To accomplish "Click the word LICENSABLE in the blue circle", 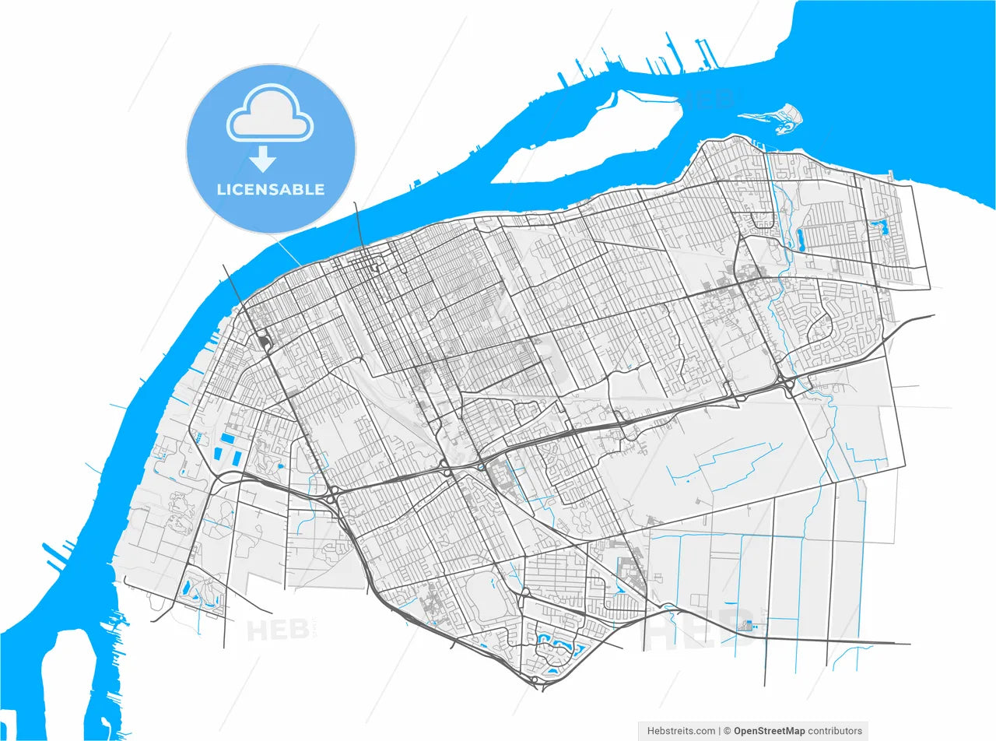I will pyautogui.click(x=270, y=189).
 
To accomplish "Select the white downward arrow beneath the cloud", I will pyautogui.click(x=263, y=159).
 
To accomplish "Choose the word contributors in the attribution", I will pyautogui.click(x=836, y=731).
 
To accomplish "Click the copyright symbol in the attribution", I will pyautogui.click(x=728, y=731).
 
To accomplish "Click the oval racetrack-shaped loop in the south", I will pyautogui.click(x=484, y=596).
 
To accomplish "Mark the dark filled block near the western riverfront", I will pyautogui.click(x=264, y=341).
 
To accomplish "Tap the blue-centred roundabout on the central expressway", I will pyautogui.click(x=482, y=467).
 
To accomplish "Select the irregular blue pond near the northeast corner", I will pyautogui.click(x=881, y=228).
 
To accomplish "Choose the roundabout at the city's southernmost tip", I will pyautogui.click(x=534, y=680).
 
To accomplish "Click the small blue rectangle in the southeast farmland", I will pyautogui.click(x=749, y=625).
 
